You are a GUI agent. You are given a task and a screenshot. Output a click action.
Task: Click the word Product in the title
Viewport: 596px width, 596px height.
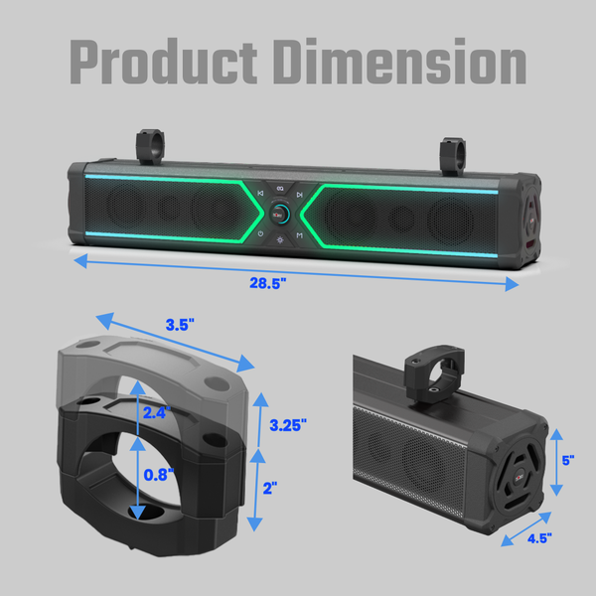coord(164,62)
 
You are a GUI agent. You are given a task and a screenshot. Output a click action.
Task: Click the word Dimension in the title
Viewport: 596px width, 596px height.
coord(400,62)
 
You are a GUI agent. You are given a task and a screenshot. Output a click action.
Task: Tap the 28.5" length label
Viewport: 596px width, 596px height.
coord(268,283)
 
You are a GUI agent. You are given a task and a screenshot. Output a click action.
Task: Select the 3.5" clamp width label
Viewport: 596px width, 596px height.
coord(180,325)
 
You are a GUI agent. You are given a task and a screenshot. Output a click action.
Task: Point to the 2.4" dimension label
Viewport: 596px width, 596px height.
coord(157,413)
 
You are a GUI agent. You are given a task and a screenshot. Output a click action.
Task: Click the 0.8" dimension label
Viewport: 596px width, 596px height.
coord(159,475)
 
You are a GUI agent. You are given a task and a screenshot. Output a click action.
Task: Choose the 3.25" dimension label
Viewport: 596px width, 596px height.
coord(288,425)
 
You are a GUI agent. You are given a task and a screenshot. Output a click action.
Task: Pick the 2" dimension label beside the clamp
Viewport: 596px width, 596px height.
coord(270,489)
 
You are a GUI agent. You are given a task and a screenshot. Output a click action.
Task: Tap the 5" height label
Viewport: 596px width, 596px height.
coord(568,460)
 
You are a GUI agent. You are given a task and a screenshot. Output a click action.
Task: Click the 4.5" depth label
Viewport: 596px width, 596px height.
coord(539,538)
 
